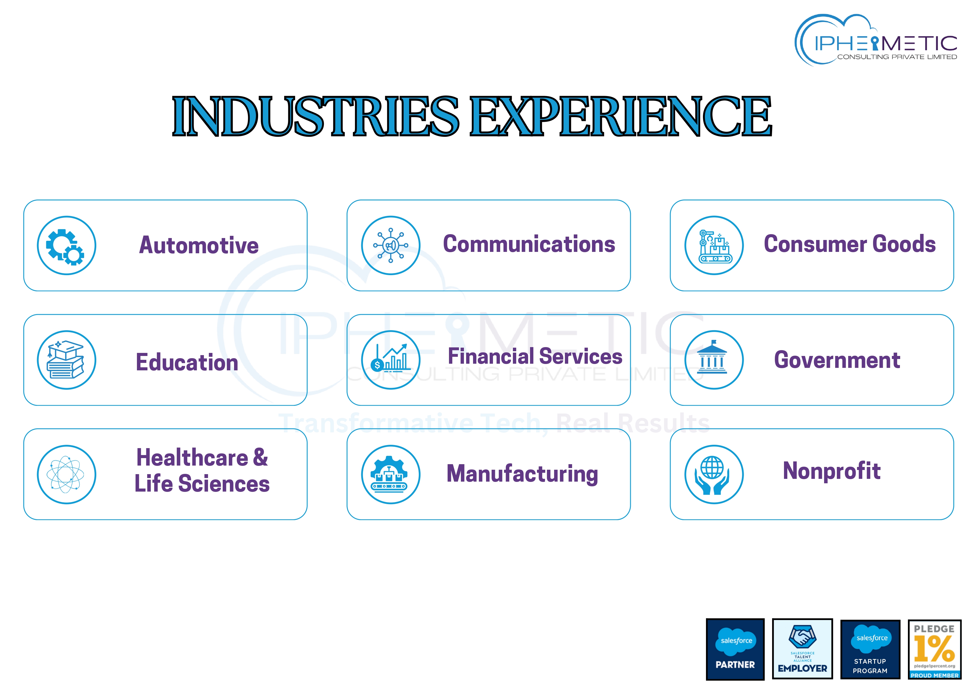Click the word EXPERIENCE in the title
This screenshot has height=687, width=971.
[x=621, y=116]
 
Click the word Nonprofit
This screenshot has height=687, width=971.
[x=832, y=470]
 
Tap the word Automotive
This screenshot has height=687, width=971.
[x=199, y=245]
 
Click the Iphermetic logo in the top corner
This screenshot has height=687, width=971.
[x=876, y=40]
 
